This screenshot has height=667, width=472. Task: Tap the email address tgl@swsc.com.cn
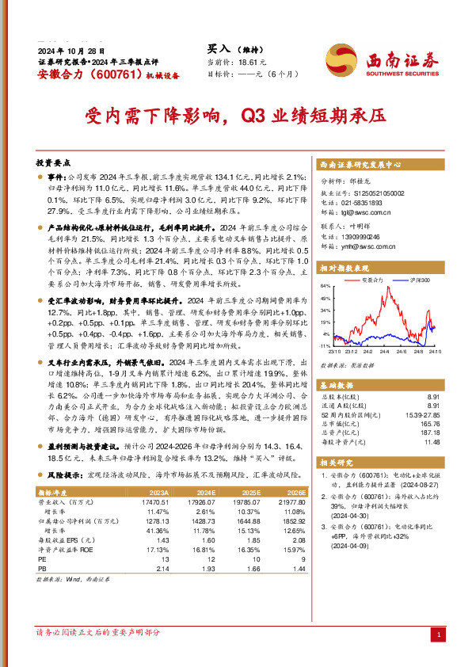[365, 212]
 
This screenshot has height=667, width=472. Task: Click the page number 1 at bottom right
[438, 635]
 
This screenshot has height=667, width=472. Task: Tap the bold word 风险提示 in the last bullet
[65, 475]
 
